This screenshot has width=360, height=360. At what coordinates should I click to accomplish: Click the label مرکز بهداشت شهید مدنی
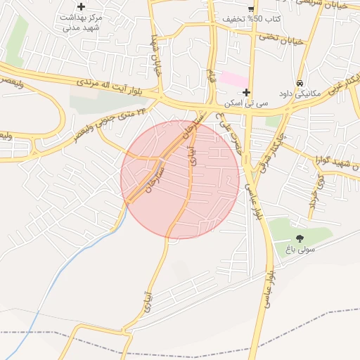(82, 22)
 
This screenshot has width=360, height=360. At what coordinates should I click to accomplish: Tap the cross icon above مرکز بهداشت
(82, 6)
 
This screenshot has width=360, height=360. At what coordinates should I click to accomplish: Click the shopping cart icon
(251, 7)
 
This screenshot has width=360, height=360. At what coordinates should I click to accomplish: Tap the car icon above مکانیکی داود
(300, 81)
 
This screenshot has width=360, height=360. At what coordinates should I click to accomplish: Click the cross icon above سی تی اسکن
(246, 92)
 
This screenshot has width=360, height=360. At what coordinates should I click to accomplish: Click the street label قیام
(211, 73)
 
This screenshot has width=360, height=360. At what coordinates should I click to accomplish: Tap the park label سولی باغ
(300, 249)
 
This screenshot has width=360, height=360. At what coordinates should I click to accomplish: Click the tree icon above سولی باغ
(300, 238)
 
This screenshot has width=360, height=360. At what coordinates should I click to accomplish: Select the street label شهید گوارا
(338, 163)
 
